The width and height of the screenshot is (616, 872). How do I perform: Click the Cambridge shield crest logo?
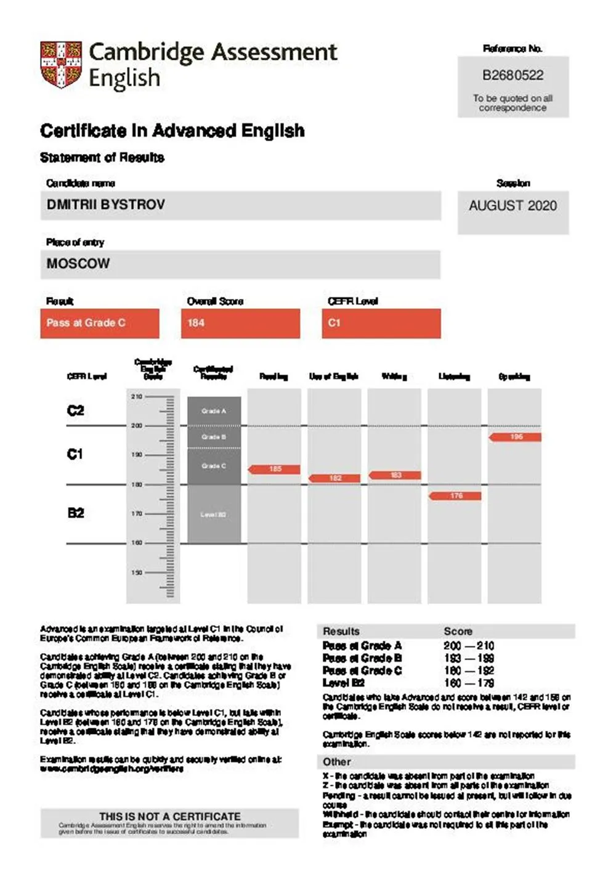[x=61, y=65]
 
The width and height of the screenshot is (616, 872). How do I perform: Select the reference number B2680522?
[x=513, y=76]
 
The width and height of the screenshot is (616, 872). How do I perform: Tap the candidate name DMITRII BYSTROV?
[x=106, y=205]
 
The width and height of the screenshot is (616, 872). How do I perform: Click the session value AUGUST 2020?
[x=513, y=206]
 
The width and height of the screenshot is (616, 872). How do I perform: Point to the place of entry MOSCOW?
[x=78, y=264]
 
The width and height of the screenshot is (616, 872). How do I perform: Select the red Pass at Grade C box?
[x=99, y=324]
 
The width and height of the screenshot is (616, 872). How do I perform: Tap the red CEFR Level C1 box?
[x=381, y=324]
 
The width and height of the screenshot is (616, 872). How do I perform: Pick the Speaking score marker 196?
[x=516, y=437]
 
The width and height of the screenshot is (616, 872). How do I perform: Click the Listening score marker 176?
[x=455, y=496]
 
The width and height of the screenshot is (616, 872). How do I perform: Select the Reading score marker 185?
[x=275, y=470]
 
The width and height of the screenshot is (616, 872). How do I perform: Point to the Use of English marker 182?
[x=334, y=478]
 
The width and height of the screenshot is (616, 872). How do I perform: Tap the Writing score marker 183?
[x=395, y=475]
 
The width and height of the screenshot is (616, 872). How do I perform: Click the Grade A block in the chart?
[x=214, y=411]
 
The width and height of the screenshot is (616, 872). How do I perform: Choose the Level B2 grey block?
[x=214, y=515]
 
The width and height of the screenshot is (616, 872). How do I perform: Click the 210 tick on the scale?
[x=137, y=396]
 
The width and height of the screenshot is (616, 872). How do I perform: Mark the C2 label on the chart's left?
[x=75, y=411]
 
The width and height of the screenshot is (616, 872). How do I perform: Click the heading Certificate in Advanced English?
[x=172, y=131]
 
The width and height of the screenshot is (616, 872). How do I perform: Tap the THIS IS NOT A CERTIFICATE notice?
[x=169, y=817]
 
